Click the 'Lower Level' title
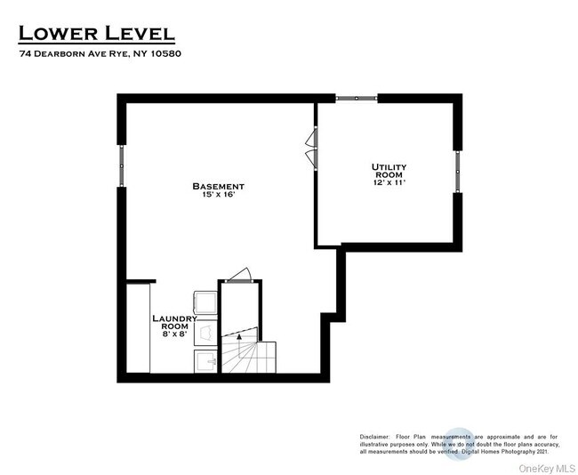(97, 33)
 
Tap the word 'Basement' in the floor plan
(218, 186)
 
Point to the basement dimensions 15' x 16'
(218, 195)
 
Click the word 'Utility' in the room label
(389, 166)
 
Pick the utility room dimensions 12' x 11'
(389, 184)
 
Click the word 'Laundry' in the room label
(174, 318)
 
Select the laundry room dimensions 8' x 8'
(174, 334)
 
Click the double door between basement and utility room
(311, 148)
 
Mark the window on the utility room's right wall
(458, 171)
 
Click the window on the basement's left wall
(122, 166)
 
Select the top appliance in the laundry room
(205, 301)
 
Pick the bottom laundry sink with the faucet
(205, 361)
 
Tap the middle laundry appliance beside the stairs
(205, 333)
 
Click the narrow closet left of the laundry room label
(138, 329)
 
